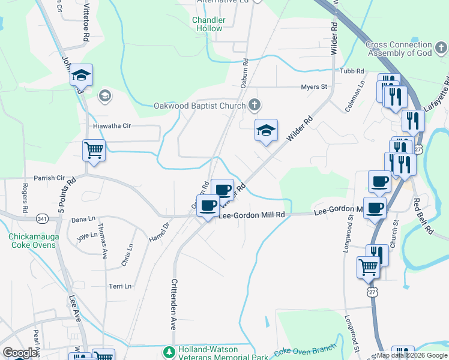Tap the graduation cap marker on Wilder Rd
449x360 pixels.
point(266,130)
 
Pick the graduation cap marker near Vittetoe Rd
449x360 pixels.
point(81,75)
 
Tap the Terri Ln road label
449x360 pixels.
point(119,286)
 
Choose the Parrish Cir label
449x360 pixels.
point(49,178)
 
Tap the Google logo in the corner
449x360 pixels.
point(20,353)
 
